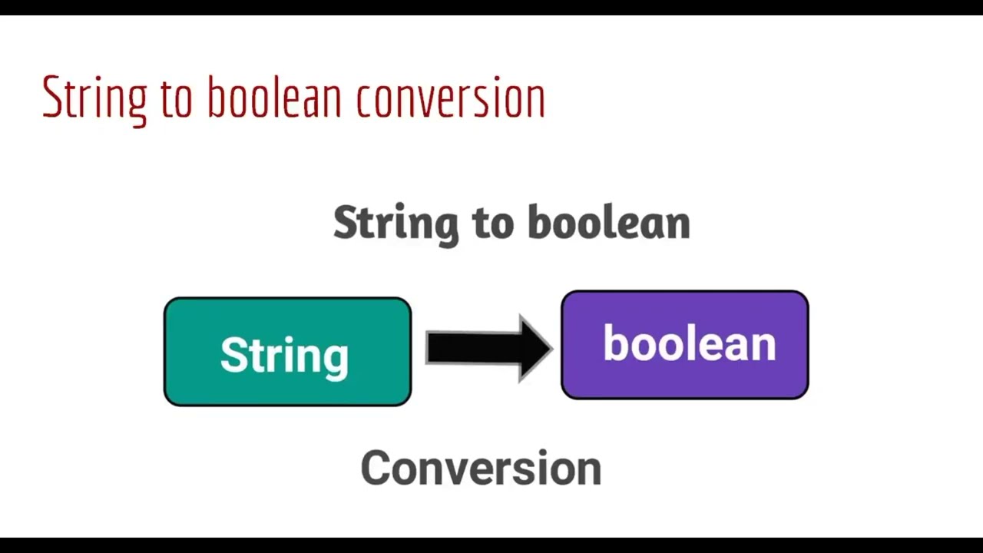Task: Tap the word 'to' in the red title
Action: pyautogui.click(x=177, y=98)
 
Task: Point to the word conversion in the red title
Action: pyautogui.click(x=450, y=98)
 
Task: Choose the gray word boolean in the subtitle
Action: pyautogui.click(x=609, y=223)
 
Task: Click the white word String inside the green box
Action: pyautogui.click(x=284, y=355)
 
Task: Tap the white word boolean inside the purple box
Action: pyautogui.click(x=689, y=343)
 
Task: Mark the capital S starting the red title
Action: pyautogui.click(x=51, y=98)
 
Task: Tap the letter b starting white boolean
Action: pyautogui.click(x=614, y=343)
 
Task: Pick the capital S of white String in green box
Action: pyautogui.click(x=233, y=355)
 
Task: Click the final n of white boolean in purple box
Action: pyautogui.click(x=764, y=346)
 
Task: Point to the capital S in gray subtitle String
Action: pyautogui.click(x=347, y=223)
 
